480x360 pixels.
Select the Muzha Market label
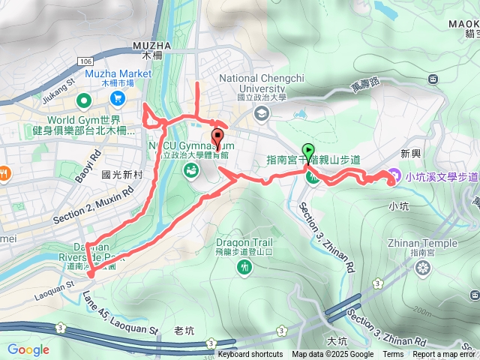pyautogui.click(x=109, y=73)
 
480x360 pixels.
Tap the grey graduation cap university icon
pyautogui.click(x=261, y=113)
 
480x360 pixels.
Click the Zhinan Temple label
pyautogui.click(x=423, y=242)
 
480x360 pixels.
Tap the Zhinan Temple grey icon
pyautogui.click(x=423, y=268)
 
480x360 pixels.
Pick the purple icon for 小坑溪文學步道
pyautogui.click(x=393, y=175)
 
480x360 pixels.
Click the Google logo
pyautogui.click(x=28, y=349)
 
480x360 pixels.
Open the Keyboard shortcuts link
pyautogui.click(x=250, y=355)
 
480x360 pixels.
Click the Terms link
pyautogui.click(x=393, y=355)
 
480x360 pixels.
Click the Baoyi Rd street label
pyautogui.click(x=87, y=167)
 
